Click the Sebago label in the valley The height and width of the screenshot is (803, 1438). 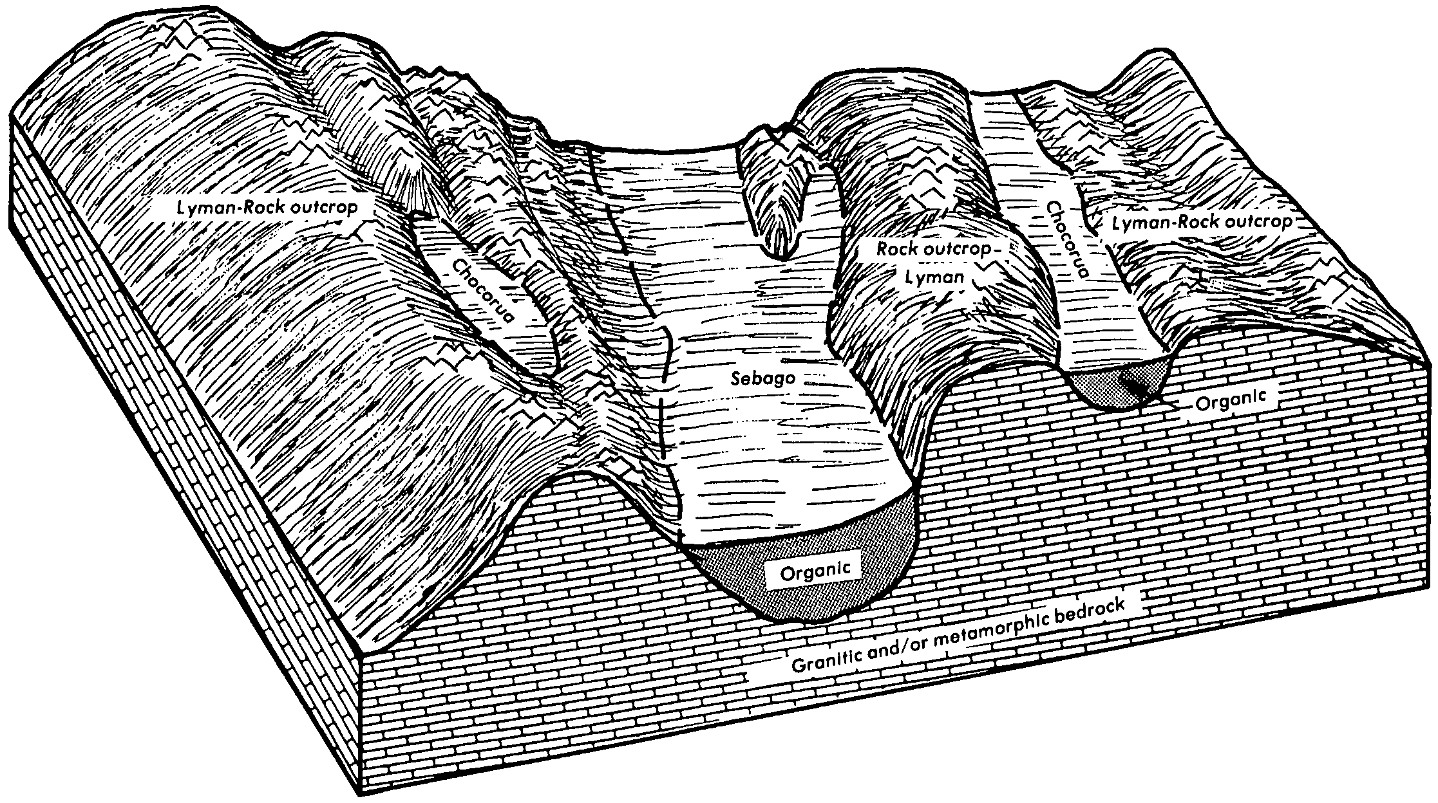(762, 378)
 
